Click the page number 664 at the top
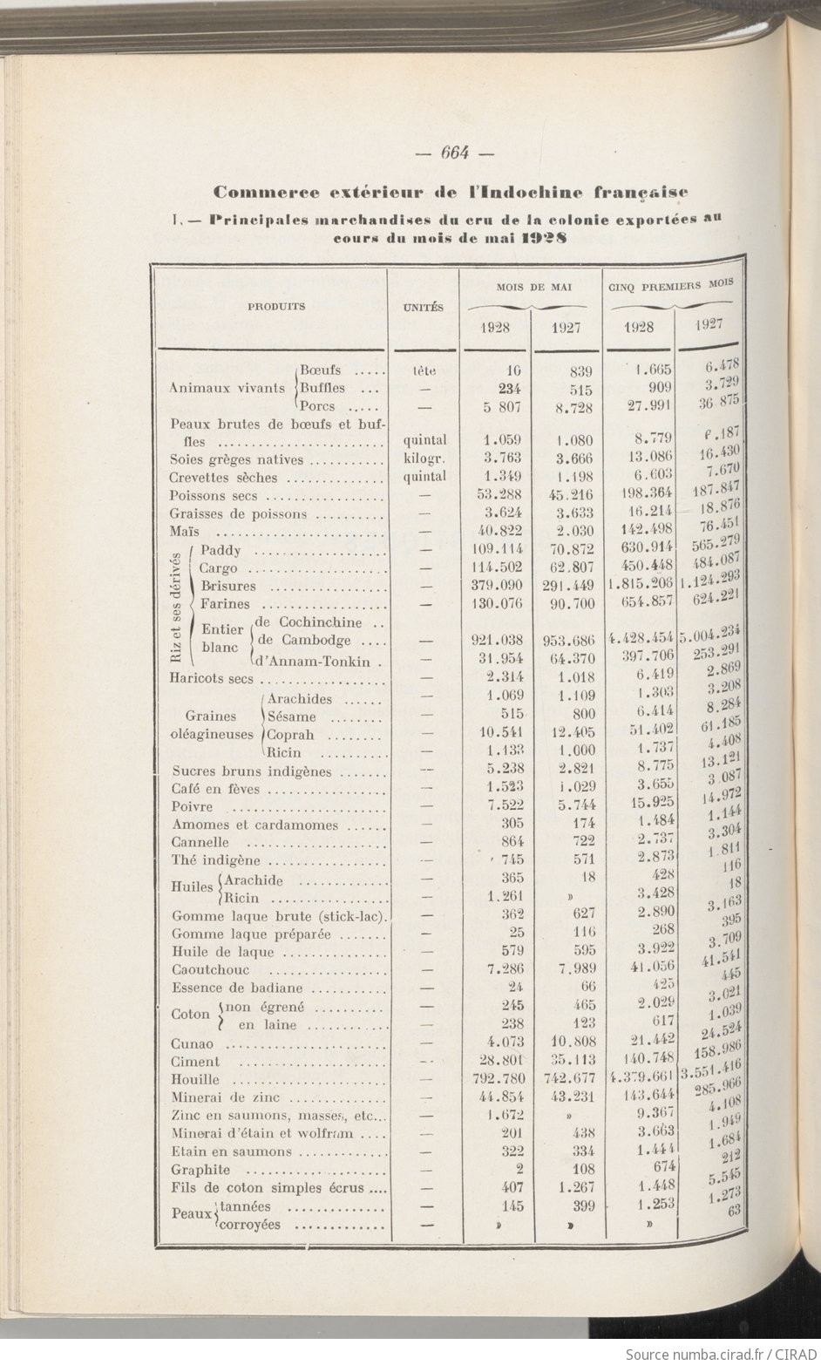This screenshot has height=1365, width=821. coord(455,153)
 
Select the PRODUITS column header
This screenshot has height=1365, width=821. coord(276,307)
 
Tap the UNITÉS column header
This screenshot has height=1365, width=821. coord(424,308)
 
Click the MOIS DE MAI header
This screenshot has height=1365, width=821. coord(527,287)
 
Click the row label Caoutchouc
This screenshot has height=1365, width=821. coord(211,970)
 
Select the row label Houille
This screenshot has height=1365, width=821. coord(195,1080)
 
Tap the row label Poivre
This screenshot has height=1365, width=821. coord(193,807)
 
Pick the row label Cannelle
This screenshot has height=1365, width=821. coord(201,843)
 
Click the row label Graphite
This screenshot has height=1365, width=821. coord(200,1170)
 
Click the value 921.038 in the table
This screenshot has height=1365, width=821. coord(496,641)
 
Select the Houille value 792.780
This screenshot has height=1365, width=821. coord(496,1080)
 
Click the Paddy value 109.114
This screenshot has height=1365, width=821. coord(496,550)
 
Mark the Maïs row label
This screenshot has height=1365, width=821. coord(185,532)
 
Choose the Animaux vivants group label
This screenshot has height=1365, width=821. coord(227,388)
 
